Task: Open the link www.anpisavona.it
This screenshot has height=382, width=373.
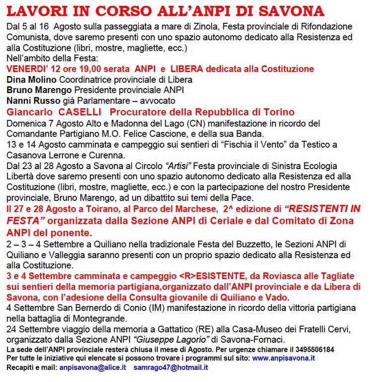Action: pos(284,358)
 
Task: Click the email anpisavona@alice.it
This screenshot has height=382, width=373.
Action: pos(92,368)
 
